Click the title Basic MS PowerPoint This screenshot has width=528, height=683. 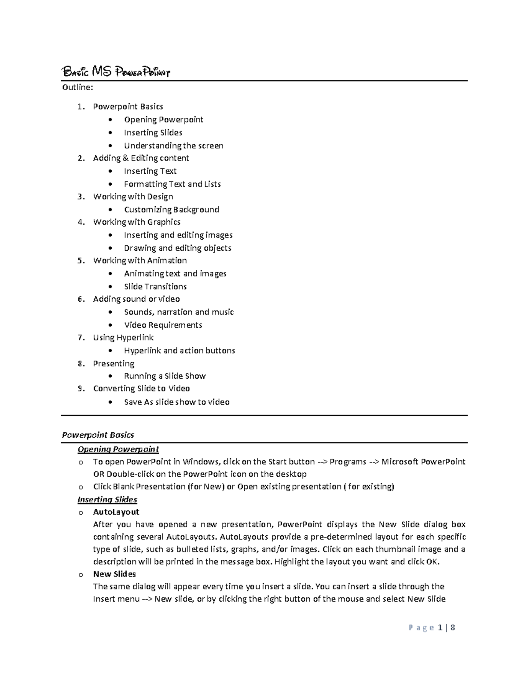(x=116, y=72)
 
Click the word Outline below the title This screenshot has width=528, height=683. (x=77, y=88)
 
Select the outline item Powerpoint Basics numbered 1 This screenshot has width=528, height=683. (x=128, y=106)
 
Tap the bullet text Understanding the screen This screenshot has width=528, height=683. (x=173, y=146)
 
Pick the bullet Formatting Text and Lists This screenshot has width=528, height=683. (x=172, y=184)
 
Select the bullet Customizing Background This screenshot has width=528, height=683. (x=171, y=209)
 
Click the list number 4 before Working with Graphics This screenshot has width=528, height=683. (x=81, y=222)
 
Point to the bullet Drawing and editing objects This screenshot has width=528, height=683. (x=177, y=248)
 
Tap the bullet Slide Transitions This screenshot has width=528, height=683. (x=155, y=286)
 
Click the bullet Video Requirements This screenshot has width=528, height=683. (x=163, y=325)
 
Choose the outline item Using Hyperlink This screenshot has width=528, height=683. (x=123, y=337)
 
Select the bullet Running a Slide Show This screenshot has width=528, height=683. (x=165, y=376)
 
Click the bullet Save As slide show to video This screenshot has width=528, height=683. (x=176, y=402)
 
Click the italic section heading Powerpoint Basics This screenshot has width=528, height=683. (x=98, y=435)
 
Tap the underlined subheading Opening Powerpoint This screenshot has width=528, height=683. (x=118, y=449)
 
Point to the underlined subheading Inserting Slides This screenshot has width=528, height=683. (x=107, y=499)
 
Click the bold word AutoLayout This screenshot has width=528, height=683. (x=116, y=512)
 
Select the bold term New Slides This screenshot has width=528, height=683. (x=114, y=574)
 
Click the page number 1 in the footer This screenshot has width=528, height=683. (x=440, y=628)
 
